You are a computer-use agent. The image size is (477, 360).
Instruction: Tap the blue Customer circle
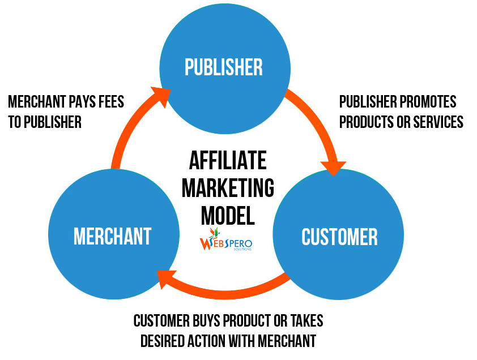pyautogui.click(x=339, y=235)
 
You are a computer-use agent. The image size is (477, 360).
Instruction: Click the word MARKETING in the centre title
pyautogui.click(x=228, y=188)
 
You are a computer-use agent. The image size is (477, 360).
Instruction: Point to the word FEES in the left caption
pyautogui.click(x=109, y=102)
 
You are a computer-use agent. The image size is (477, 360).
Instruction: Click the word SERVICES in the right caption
pyautogui.click(x=436, y=121)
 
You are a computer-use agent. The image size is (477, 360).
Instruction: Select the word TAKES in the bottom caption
pyautogui.click(x=305, y=320)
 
